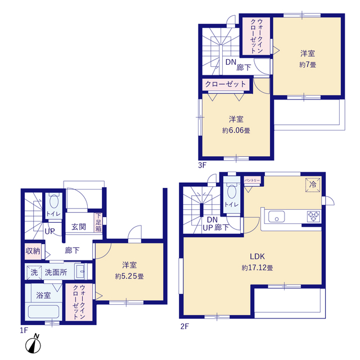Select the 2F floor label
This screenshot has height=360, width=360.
tap(184, 326)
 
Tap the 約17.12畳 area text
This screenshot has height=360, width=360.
tap(257, 268)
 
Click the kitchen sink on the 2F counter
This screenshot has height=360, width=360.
tap(278, 217)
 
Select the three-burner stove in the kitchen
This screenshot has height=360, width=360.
tap(313, 216)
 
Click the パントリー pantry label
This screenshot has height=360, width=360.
tap(252, 181)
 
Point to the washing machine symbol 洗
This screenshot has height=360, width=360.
tap(34, 272)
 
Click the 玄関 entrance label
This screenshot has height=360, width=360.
tap(78, 227)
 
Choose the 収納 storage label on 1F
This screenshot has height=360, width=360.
tap(32, 251)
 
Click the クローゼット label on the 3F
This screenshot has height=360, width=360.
tap(225, 84)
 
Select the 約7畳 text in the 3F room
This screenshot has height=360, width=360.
tap(307, 65)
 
